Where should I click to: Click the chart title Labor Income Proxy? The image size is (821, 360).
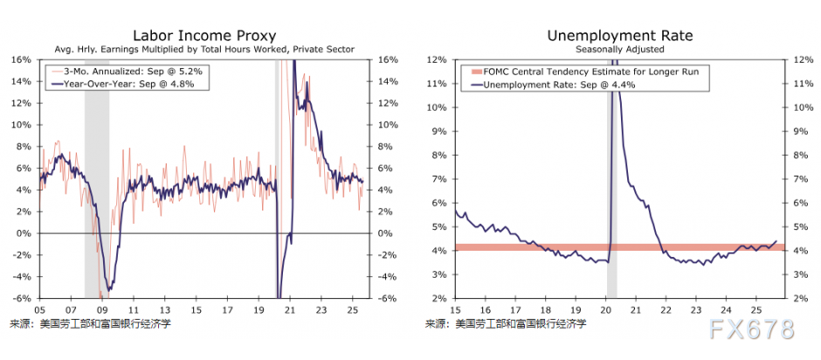[204, 36]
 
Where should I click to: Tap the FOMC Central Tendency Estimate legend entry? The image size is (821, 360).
[583, 71]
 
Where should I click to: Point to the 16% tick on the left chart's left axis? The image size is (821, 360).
[22, 59]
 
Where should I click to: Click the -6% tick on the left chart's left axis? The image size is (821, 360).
[21, 298]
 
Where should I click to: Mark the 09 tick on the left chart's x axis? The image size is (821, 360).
[102, 308]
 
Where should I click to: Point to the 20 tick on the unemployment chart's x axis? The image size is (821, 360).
[608, 308]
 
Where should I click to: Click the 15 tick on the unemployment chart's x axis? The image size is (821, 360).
[456, 308]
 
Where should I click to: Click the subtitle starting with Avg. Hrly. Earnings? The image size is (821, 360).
[204, 50]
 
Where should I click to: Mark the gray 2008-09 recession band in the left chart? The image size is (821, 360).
[97, 175]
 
